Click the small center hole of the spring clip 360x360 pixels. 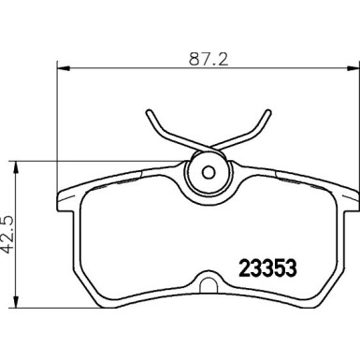(x=208, y=171)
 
